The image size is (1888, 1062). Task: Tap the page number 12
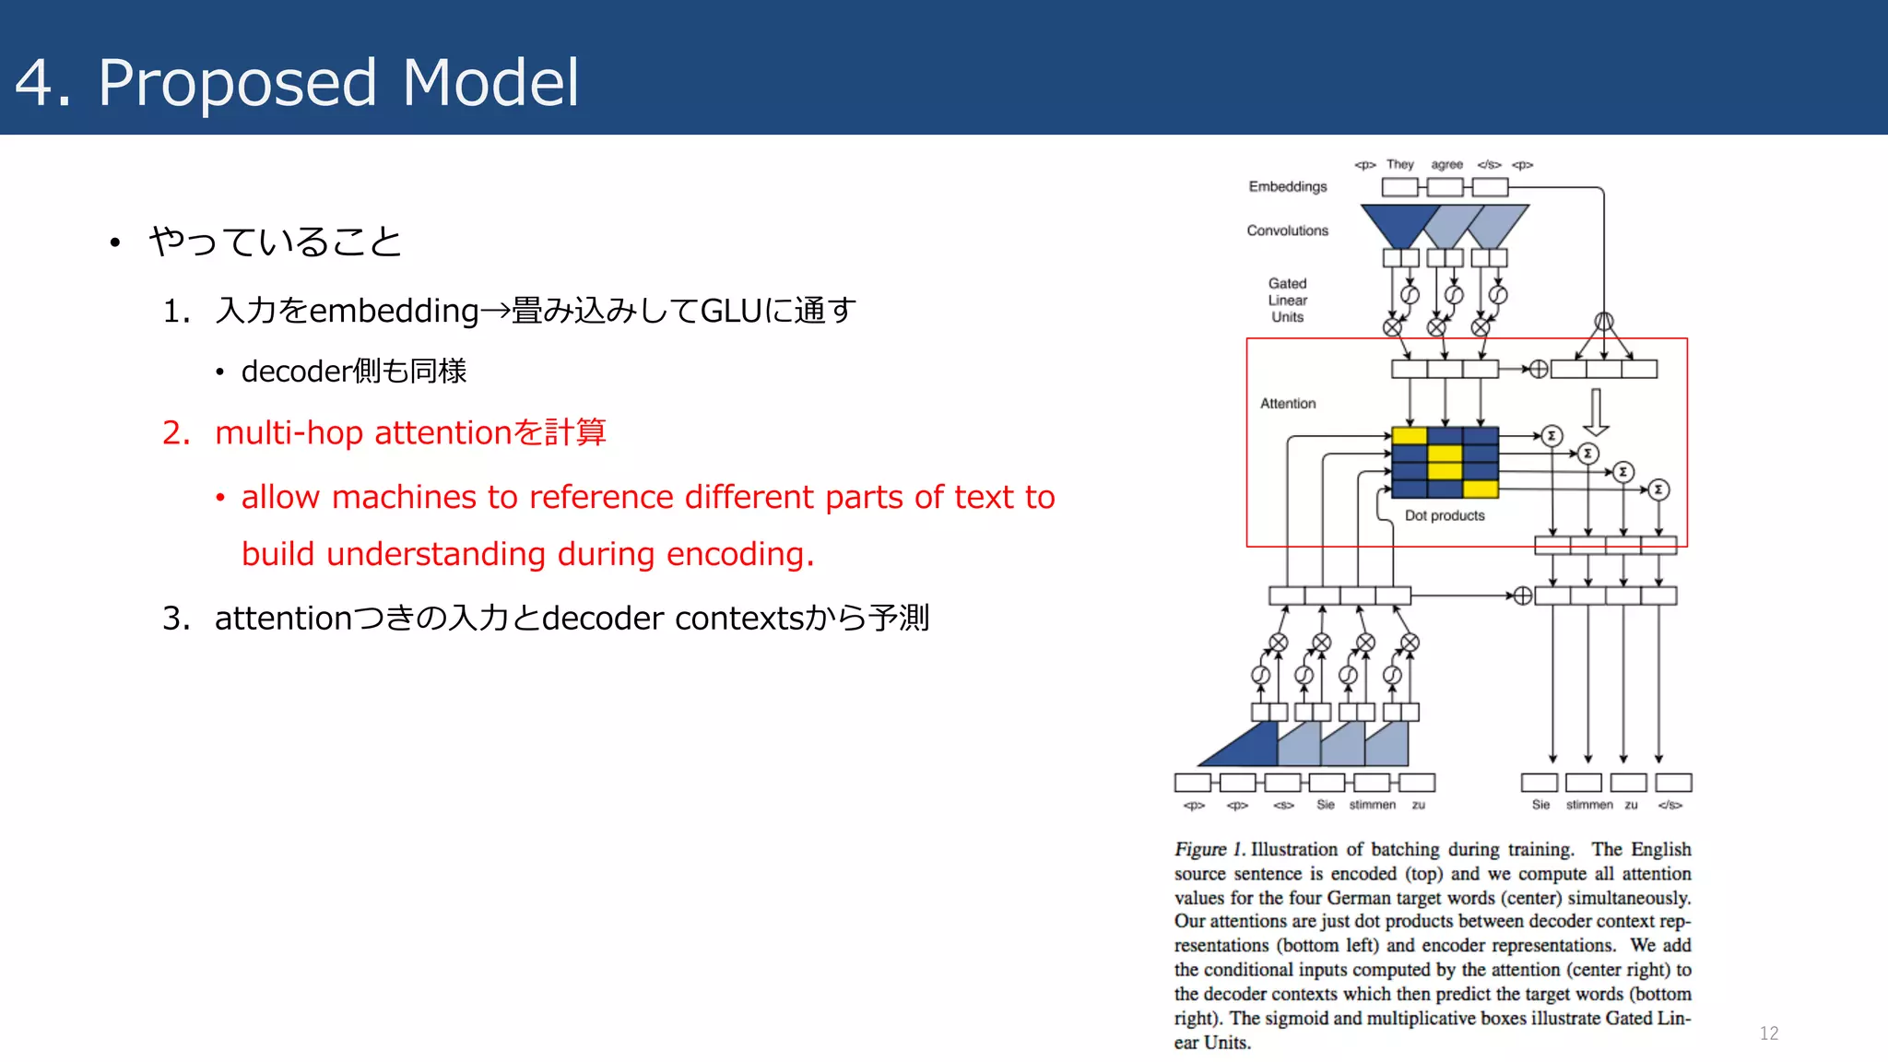[1768, 1033]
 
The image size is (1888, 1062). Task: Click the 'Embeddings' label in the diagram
[1287, 186]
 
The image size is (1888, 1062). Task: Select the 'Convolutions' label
[1287, 230]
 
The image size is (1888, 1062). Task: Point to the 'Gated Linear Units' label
[1287, 300]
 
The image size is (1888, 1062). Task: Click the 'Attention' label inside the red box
[1287, 404]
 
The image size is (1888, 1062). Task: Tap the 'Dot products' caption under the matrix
[1444, 515]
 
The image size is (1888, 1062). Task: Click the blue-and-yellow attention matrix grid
[1445, 463]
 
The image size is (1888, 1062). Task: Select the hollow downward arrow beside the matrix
[1596, 412]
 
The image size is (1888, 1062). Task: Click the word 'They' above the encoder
[1399, 164]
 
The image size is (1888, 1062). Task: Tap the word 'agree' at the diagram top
[1446, 164]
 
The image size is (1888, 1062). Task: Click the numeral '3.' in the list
[176, 618]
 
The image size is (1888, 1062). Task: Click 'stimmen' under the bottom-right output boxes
[1588, 805]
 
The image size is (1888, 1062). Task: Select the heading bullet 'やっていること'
[275, 242]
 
